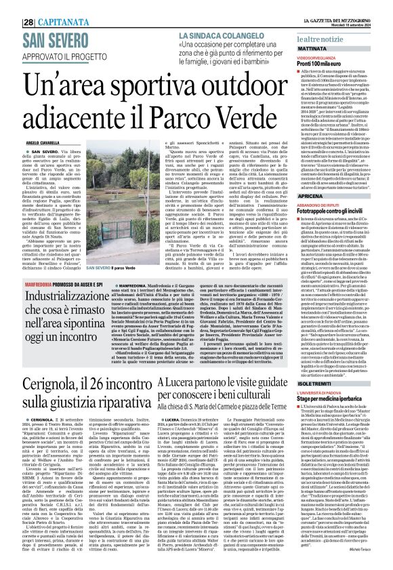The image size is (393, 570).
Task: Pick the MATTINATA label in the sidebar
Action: pos(312,50)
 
